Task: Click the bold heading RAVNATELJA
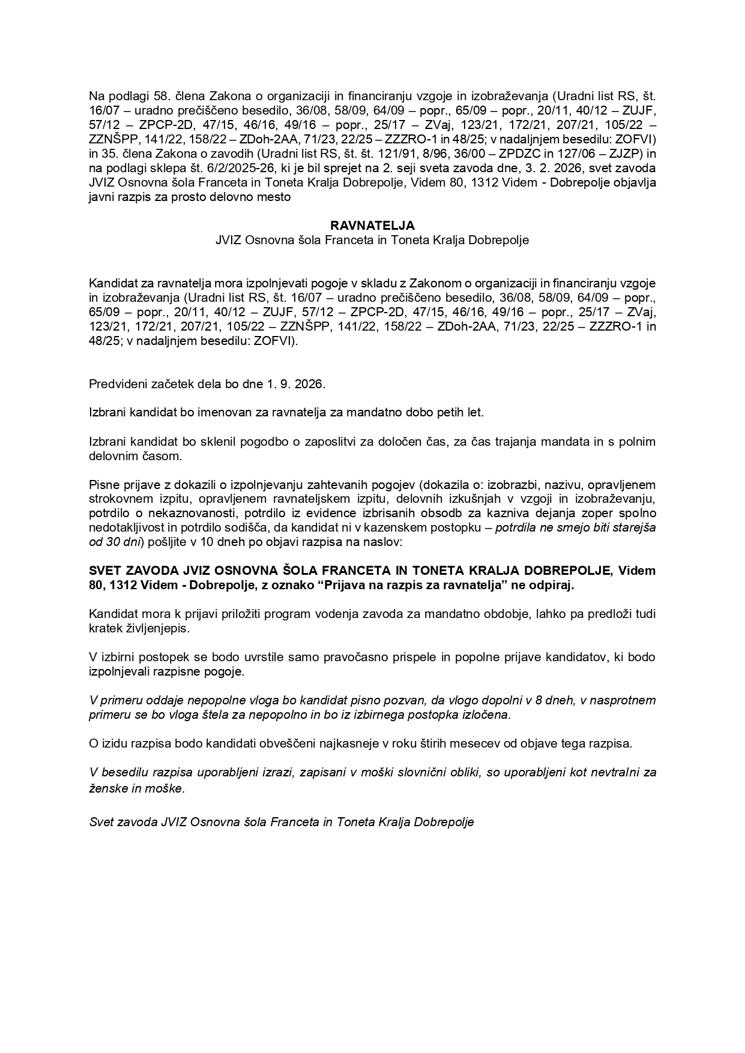tap(372, 226)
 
